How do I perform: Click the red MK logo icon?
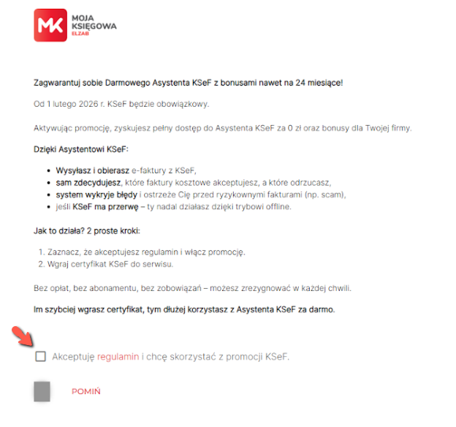(x=50, y=26)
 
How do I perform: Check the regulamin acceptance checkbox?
(x=40, y=356)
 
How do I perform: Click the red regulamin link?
(x=118, y=357)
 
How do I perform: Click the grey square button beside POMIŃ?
(x=42, y=391)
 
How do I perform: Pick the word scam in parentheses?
(x=329, y=194)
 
